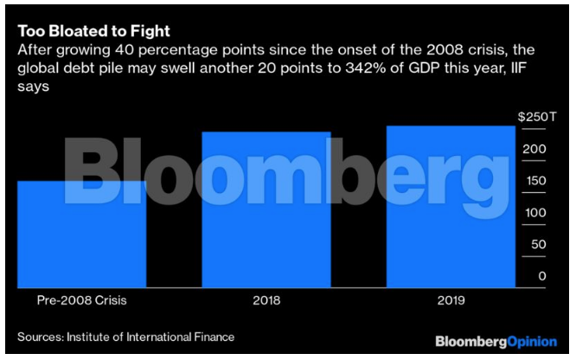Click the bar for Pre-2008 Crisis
(82, 234)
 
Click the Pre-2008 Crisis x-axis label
(82, 300)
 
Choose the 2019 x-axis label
(451, 300)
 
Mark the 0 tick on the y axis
(541, 276)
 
